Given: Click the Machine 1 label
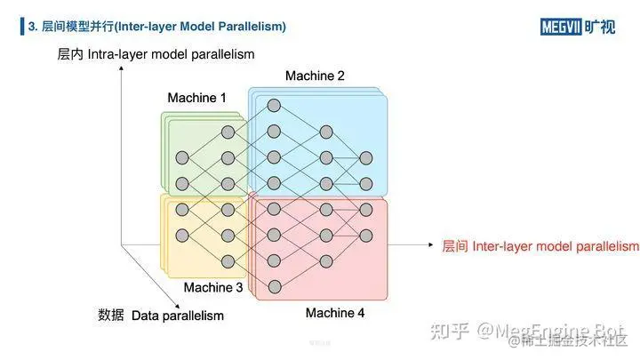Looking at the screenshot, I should pyautogui.click(x=197, y=98).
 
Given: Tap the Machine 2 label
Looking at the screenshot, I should pyautogui.click(x=315, y=76).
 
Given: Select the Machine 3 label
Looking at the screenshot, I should pyautogui.click(x=213, y=288).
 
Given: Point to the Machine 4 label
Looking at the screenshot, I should pyautogui.click(x=335, y=313).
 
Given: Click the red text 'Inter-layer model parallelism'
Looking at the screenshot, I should pyautogui.click(x=556, y=245).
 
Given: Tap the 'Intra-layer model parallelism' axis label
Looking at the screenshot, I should pyautogui.click(x=172, y=54).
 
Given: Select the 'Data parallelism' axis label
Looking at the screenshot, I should pyautogui.click(x=178, y=315).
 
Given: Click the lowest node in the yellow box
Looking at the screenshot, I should pyautogui.click(x=228, y=261).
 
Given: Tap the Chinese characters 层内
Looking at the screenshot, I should pyautogui.click(x=70, y=54).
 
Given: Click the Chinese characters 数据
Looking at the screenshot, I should pyautogui.click(x=110, y=315).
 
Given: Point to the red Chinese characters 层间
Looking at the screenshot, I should pyautogui.click(x=455, y=245).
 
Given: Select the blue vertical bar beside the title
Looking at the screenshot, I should pyautogui.click(x=22, y=27).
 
